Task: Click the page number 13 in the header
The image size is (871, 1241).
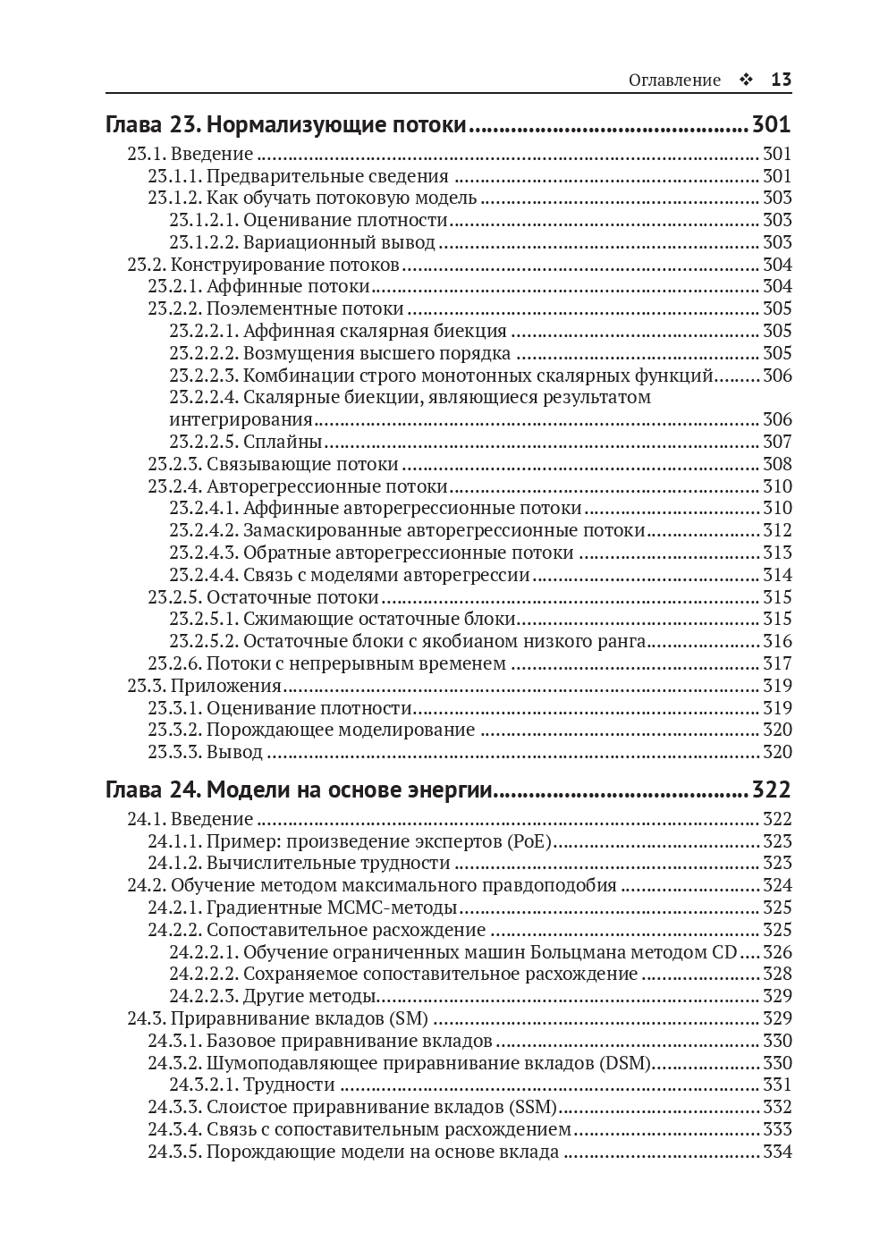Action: (781, 80)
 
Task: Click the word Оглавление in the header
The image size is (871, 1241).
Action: (674, 80)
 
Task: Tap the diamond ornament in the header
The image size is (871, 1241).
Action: (745, 80)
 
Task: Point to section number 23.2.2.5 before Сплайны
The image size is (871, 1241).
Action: (203, 442)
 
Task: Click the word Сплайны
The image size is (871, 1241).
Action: (283, 442)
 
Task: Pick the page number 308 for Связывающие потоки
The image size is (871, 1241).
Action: (777, 464)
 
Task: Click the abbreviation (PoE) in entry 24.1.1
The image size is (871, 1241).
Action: (529, 841)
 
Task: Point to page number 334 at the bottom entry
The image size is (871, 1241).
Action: (777, 1152)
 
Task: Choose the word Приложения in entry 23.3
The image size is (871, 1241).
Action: (226, 686)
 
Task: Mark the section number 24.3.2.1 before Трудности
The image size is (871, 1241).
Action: (203, 1085)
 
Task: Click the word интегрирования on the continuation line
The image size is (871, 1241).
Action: (241, 419)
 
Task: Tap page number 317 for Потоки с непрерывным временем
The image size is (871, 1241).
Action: (777, 663)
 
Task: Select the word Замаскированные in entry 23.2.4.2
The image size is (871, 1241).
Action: (317, 530)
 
